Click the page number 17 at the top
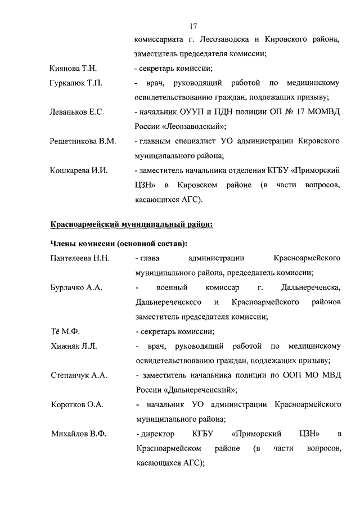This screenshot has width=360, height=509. point(193,26)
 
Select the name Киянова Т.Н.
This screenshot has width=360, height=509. point(74,69)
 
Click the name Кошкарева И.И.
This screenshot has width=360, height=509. point(78,170)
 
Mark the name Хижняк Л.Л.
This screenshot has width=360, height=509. point(74,346)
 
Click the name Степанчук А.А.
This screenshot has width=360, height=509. point(78,375)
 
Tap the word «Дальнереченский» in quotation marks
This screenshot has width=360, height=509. point(195,390)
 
